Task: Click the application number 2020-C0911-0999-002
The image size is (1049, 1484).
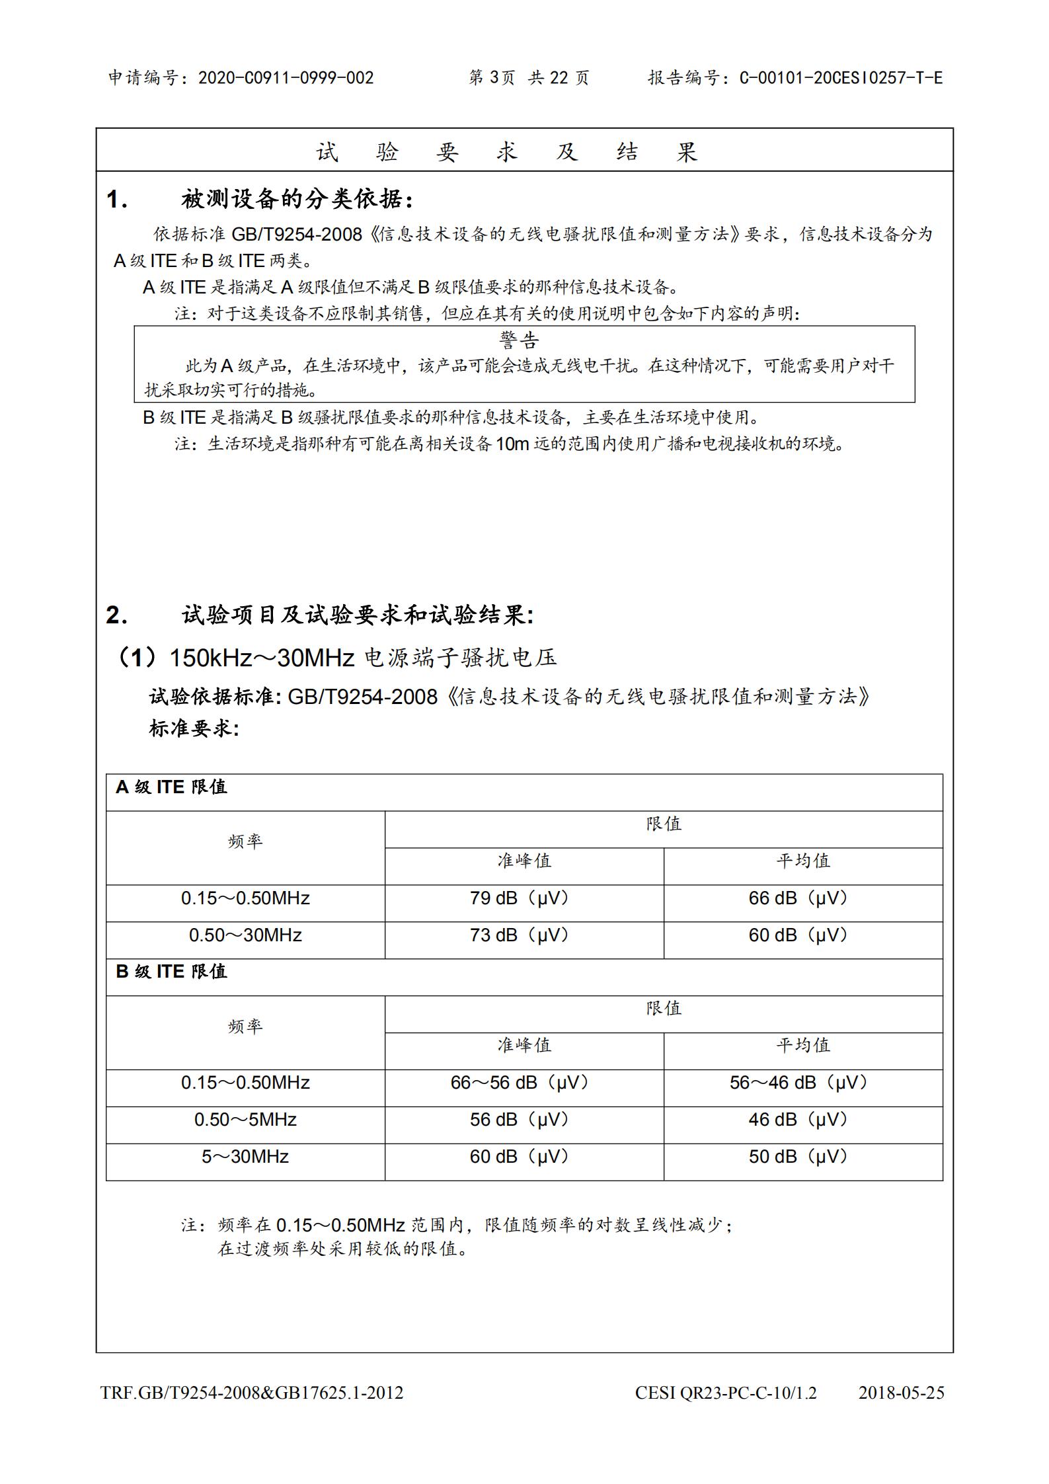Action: pyautogui.click(x=286, y=78)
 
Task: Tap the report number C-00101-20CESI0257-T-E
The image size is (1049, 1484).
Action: pyautogui.click(x=841, y=78)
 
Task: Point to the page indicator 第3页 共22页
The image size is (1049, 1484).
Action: pyautogui.click(x=528, y=78)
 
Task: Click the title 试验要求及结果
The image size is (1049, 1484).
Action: pyautogui.click(x=507, y=153)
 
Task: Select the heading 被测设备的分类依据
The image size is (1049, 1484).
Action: pyautogui.click(x=297, y=199)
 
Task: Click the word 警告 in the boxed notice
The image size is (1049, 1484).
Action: pyautogui.click(x=520, y=340)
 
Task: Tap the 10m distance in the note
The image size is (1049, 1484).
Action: pyautogui.click(x=512, y=444)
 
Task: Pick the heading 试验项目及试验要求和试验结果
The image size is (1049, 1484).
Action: pyautogui.click(x=357, y=615)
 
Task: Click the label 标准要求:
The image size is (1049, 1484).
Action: pyautogui.click(x=194, y=728)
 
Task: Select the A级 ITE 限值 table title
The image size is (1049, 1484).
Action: pyautogui.click(x=171, y=787)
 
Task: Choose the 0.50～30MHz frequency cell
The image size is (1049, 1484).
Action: pyautogui.click(x=245, y=935)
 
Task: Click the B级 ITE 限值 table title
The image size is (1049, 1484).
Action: pyautogui.click(x=171, y=971)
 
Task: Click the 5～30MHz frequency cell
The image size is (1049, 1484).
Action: pyautogui.click(x=245, y=1157)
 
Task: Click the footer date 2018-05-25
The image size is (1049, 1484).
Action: pyautogui.click(x=901, y=1393)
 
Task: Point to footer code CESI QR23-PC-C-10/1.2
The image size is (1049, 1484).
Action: pyautogui.click(x=726, y=1393)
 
